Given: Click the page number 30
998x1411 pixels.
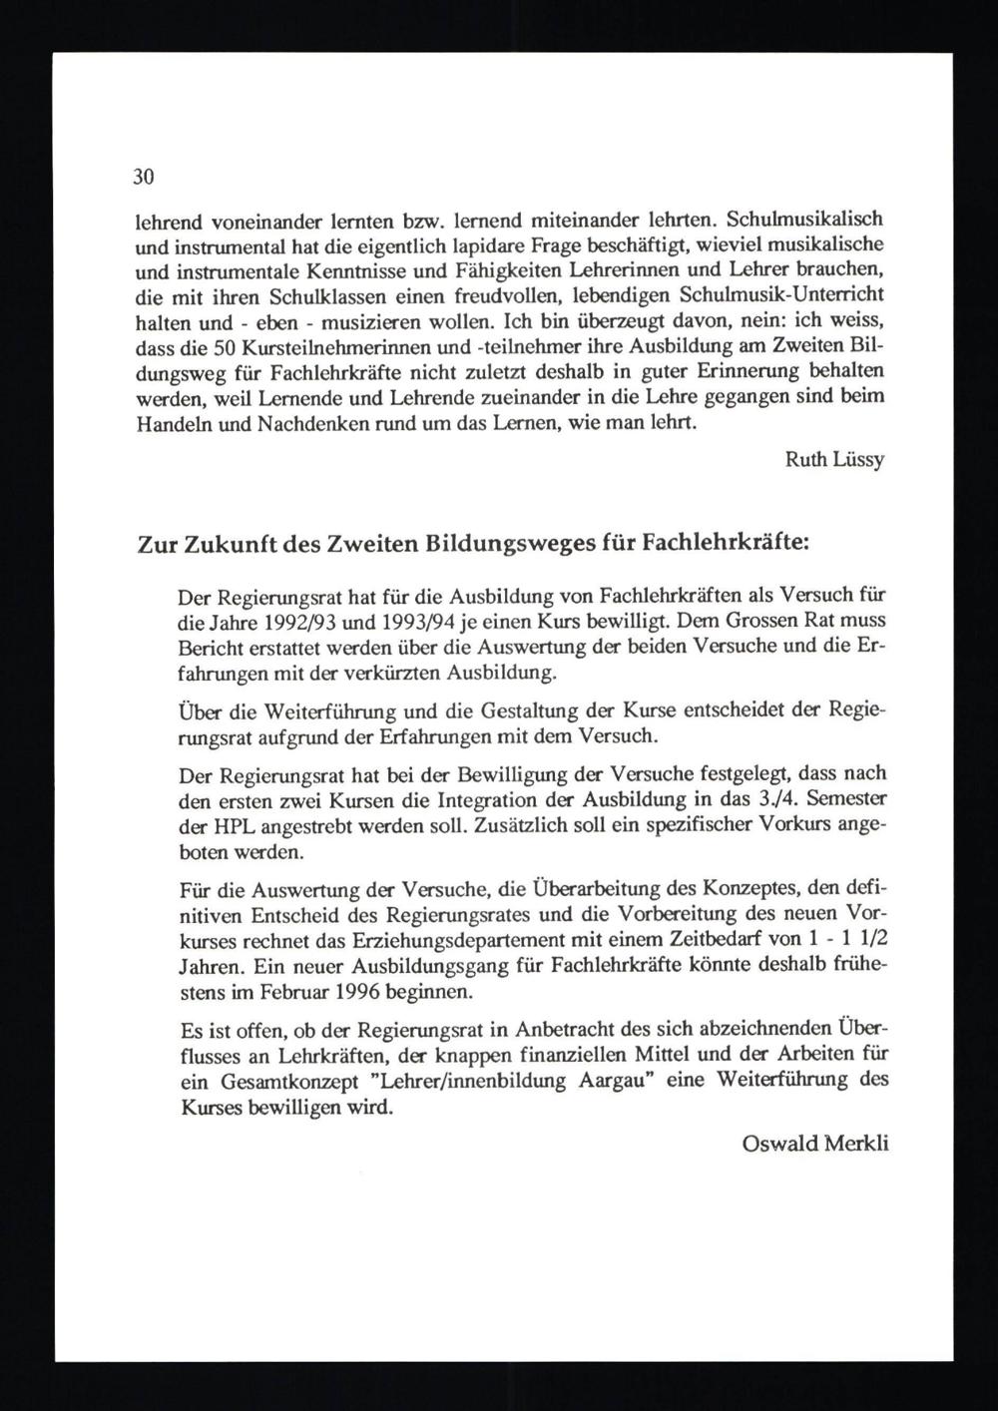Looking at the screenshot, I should click(x=144, y=179).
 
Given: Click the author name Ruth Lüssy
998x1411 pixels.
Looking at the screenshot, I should click(x=835, y=461).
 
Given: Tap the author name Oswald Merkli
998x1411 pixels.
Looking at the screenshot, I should click(x=815, y=1144).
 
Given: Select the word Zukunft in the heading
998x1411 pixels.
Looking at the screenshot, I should click(x=220, y=546).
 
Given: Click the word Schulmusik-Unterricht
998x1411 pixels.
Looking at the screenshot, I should click(x=781, y=297).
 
